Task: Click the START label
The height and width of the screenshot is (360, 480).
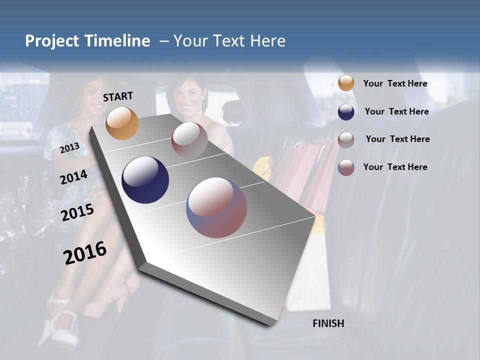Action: click(x=118, y=96)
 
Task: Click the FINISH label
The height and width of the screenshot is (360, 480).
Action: click(x=328, y=323)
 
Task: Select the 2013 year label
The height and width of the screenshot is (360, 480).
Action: click(x=69, y=148)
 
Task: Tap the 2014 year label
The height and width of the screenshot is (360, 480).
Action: click(x=73, y=177)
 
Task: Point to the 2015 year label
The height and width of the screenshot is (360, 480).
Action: click(x=77, y=212)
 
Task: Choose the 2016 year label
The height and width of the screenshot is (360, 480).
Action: click(x=85, y=252)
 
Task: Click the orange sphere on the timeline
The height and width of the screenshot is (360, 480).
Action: click(x=122, y=123)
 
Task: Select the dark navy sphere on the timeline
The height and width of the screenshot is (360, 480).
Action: click(x=145, y=180)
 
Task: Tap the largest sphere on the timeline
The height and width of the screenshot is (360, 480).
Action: click(x=216, y=207)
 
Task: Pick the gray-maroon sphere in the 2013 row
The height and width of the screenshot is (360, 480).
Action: click(x=189, y=140)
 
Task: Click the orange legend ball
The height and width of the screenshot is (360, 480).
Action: click(x=346, y=83)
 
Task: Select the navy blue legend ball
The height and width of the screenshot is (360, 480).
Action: click(x=346, y=112)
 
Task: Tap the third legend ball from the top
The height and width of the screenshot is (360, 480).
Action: click(x=346, y=140)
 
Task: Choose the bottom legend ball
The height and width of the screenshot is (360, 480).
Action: click(x=346, y=167)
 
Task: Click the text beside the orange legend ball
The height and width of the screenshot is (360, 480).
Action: click(x=395, y=83)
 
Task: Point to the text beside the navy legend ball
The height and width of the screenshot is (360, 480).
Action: click(x=396, y=111)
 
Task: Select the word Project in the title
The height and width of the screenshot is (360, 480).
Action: click(x=51, y=41)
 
